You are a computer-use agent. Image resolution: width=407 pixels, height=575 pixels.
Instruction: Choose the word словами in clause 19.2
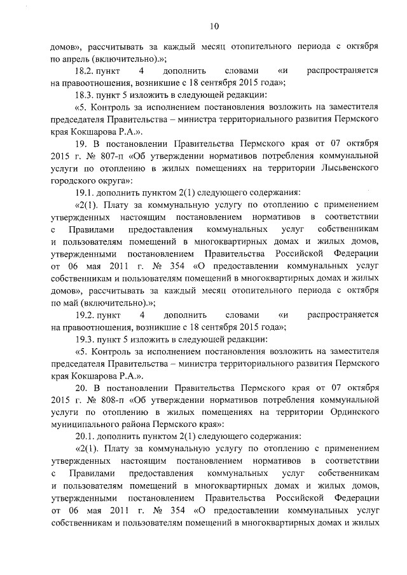coord(243,315)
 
